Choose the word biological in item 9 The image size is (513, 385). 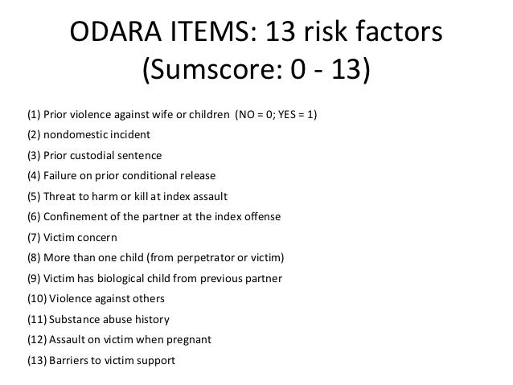[x=129, y=279]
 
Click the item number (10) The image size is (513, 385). [x=37, y=299]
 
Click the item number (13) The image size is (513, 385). [x=37, y=361]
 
